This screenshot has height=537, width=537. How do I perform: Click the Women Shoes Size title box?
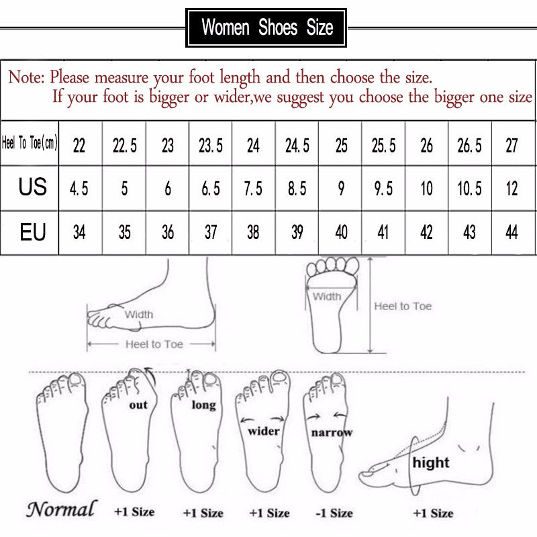click(x=266, y=28)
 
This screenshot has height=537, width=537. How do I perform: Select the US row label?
click(x=32, y=187)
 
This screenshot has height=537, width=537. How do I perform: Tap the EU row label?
click(x=32, y=232)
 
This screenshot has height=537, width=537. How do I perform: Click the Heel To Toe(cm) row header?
click(x=30, y=144)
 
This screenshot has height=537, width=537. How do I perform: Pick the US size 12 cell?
click(x=512, y=189)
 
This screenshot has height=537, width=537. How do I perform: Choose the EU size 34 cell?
click(x=79, y=232)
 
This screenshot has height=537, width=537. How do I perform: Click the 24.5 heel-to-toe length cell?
click(x=297, y=145)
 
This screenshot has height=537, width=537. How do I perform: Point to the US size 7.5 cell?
click(x=253, y=189)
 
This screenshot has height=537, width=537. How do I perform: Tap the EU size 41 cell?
click(x=383, y=232)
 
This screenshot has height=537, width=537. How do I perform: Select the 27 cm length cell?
click(x=512, y=145)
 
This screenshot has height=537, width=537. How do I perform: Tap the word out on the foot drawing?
click(x=138, y=405)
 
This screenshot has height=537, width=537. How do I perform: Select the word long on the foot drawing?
click(x=203, y=405)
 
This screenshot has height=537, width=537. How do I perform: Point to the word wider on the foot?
click(x=264, y=430)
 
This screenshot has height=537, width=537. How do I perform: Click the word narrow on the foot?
click(x=332, y=432)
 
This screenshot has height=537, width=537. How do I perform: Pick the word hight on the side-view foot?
click(x=431, y=462)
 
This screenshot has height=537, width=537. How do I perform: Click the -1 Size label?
click(x=334, y=513)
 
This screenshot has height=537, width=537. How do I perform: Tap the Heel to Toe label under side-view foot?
click(x=154, y=344)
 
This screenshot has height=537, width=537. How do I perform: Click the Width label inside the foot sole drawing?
click(x=327, y=296)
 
